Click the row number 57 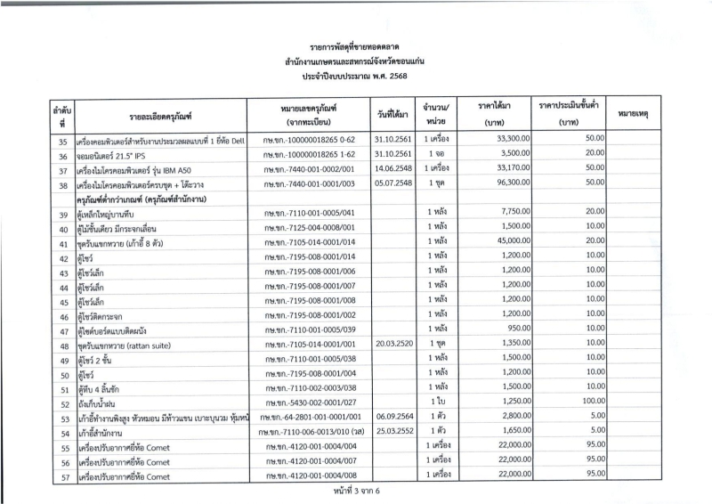[62, 476]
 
